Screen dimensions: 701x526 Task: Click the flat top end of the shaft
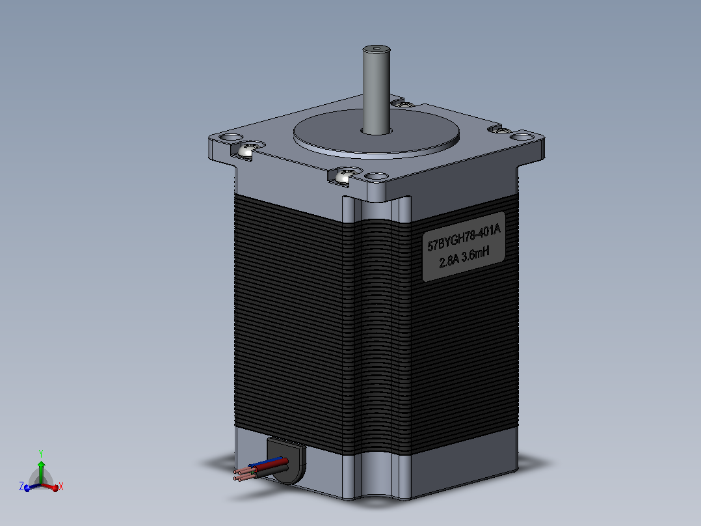(x=376, y=49)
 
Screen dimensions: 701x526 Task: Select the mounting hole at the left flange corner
(x=231, y=137)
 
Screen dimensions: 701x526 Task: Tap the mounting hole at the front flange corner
(x=376, y=176)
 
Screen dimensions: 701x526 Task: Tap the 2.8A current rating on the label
(x=449, y=260)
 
